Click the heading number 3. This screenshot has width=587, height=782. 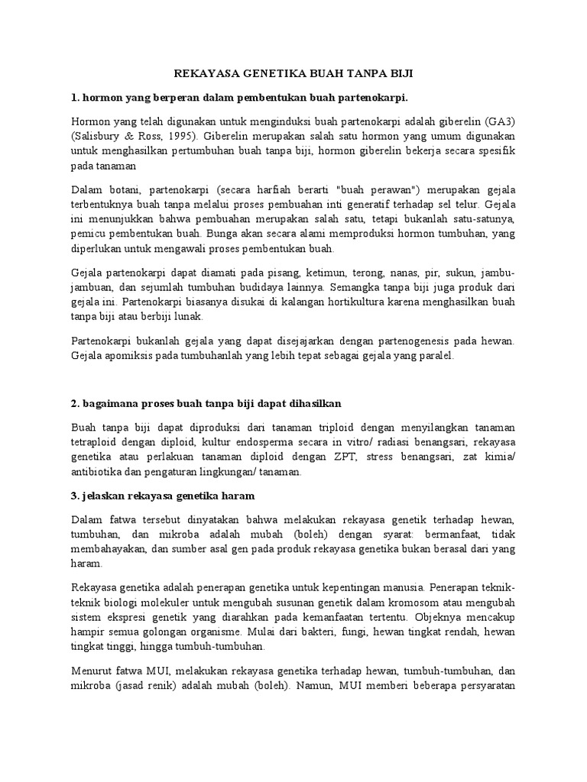(75, 495)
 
